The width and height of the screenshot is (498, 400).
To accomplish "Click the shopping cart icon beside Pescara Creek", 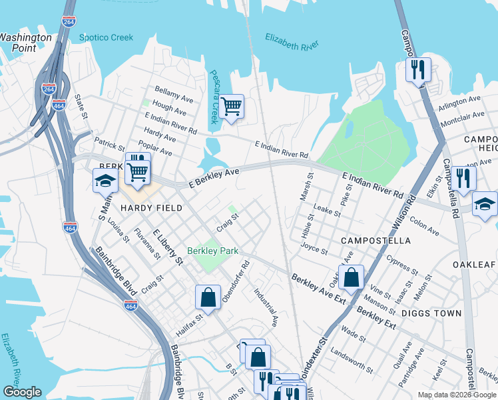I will coord(231,107).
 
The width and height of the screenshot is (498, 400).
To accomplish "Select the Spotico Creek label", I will coord(107,37).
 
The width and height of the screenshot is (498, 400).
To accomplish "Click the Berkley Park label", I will coord(212,251).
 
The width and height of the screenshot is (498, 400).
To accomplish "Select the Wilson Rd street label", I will coord(397,223).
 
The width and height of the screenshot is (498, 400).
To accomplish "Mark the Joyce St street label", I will coord(314,249).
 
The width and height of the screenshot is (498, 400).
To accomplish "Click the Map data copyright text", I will coord(457,395).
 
